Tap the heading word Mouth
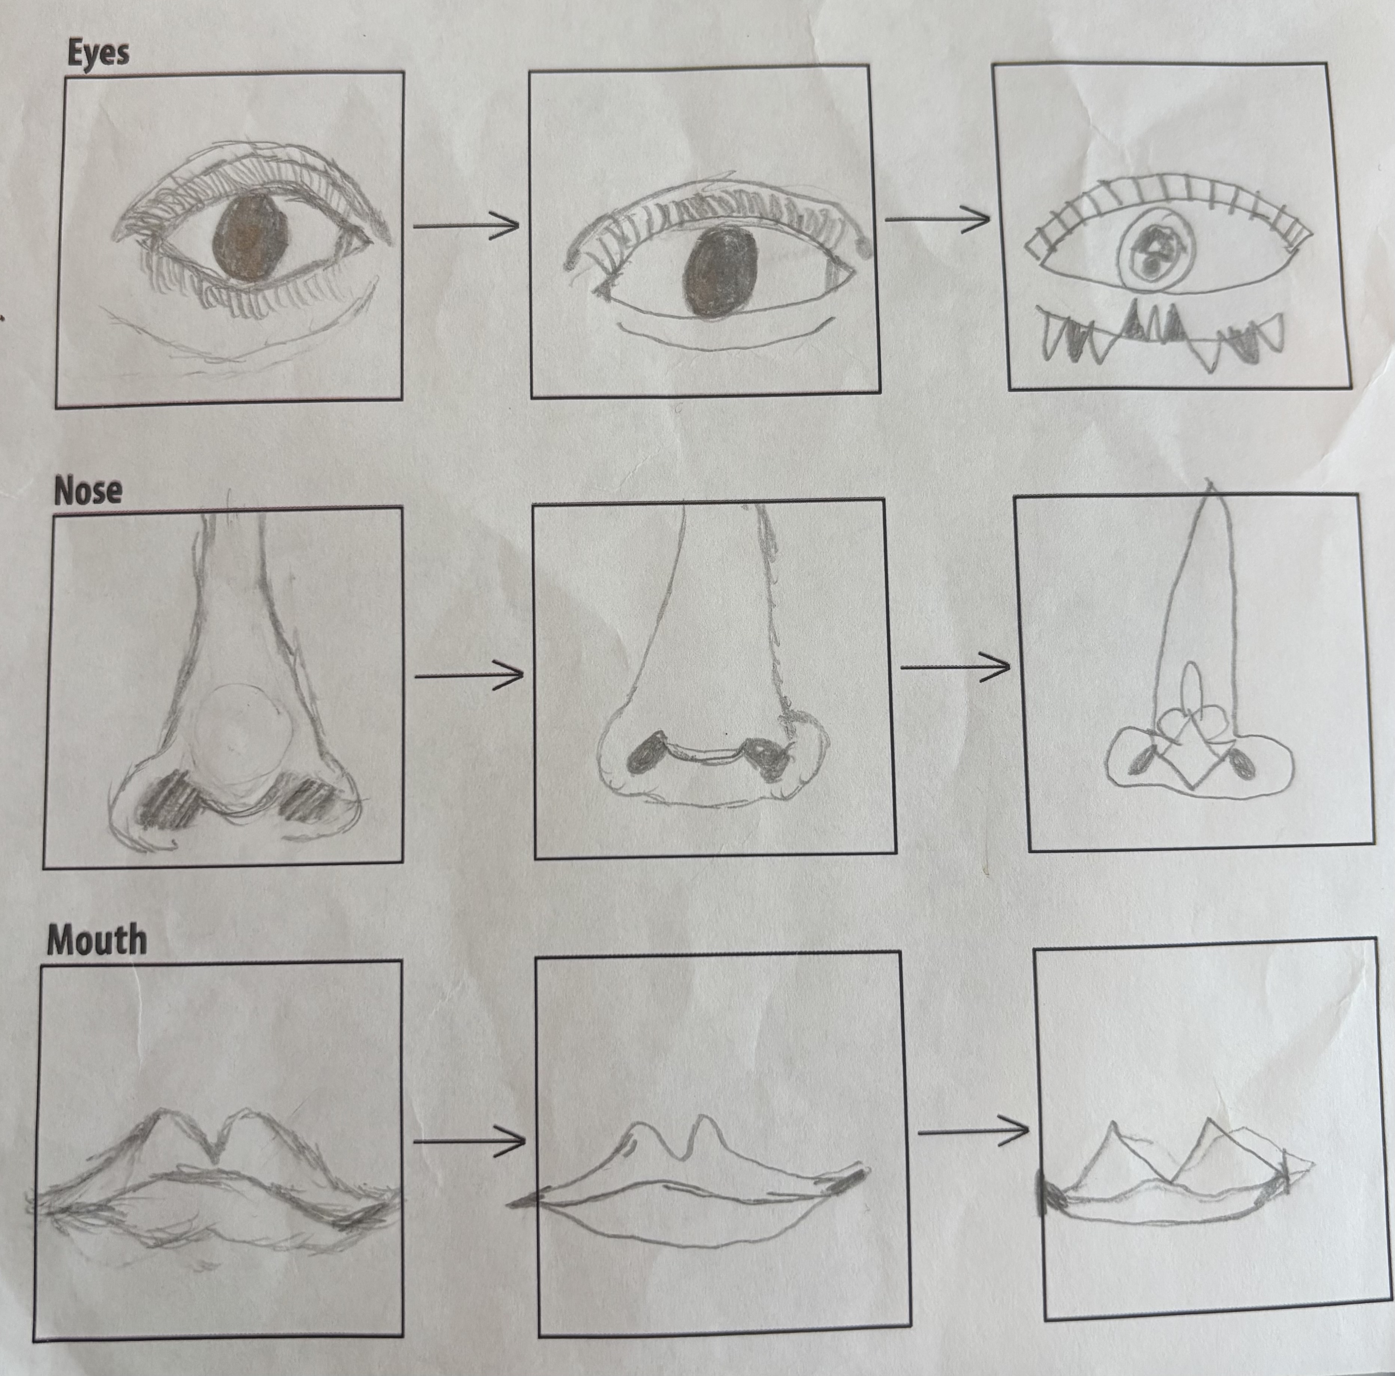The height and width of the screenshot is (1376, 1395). click(x=96, y=940)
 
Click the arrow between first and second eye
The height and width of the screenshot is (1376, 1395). click(x=466, y=225)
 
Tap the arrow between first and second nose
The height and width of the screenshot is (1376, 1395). click(x=469, y=676)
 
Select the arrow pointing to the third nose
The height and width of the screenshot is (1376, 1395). click(x=955, y=668)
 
